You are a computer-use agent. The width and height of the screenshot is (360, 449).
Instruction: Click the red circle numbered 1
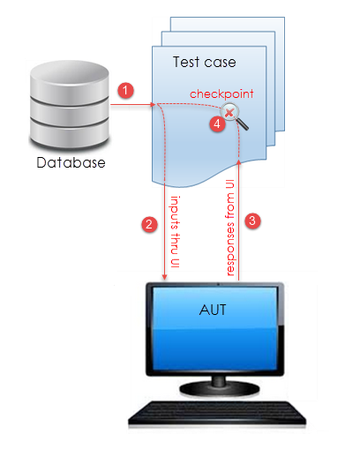pos(126,91)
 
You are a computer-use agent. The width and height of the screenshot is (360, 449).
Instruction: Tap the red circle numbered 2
pos(149,225)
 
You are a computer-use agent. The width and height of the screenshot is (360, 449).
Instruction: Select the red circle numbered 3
pos(252,221)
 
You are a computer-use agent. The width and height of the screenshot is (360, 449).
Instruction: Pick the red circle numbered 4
pos(217,123)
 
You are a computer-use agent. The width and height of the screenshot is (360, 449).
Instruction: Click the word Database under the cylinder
pos(71,162)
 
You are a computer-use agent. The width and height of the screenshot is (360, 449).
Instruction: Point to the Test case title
pos(205,63)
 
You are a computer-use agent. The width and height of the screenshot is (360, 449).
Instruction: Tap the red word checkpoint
pos(221,94)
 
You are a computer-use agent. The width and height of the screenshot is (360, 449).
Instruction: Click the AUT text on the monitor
pos(213,310)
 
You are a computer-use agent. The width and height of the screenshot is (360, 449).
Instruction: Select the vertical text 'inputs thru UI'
pos(175,232)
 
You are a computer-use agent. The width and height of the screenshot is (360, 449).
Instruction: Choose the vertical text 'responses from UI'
pos(230,228)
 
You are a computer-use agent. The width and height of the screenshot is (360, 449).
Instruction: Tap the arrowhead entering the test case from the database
pos(153,104)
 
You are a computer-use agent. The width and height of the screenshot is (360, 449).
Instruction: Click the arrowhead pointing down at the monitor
pos(165,277)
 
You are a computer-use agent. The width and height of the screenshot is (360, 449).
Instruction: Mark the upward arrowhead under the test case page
pos(238,162)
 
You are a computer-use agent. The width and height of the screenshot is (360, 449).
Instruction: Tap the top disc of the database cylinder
pos(70,73)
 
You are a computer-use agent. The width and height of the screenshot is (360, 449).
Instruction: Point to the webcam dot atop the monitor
pos(218,284)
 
